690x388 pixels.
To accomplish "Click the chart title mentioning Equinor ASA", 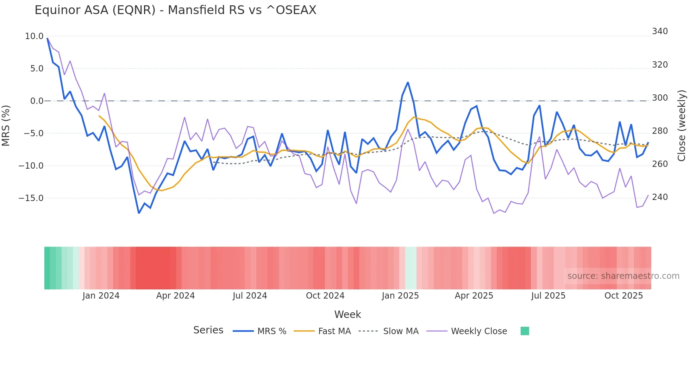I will point(175,10).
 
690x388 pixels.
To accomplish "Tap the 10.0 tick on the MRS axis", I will point(34,36).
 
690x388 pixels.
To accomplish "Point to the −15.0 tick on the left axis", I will point(31,198).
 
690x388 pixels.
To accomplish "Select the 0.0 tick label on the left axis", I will point(37,101).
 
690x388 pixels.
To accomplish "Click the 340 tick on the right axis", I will point(660,31).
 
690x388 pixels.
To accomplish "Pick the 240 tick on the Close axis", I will point(660,197).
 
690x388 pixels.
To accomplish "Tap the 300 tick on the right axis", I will point(660,98).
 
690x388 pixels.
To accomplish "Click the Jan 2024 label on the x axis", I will point(101,296).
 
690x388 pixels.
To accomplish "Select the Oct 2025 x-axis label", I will point(623,296).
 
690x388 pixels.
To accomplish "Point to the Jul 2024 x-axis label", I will point(250,296).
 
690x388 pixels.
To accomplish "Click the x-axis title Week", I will point(347,314).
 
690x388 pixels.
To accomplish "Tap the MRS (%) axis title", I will point(6,126).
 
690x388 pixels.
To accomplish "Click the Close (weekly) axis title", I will point(682,126).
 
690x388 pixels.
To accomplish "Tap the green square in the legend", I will point(525,331).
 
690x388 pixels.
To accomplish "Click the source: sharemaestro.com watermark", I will point(623,276).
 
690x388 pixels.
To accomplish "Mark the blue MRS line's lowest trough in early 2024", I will point(139,213).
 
